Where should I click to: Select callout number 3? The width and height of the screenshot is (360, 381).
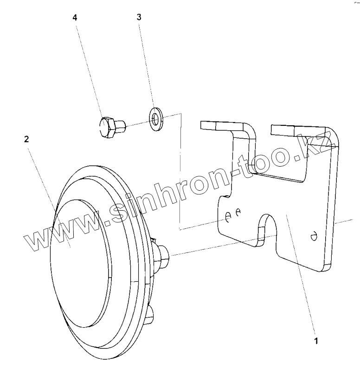click(x=139, y=17)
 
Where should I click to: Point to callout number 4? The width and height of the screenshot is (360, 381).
click(x=75, y=17)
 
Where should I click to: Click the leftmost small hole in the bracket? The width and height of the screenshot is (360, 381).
click(x=228, y=216)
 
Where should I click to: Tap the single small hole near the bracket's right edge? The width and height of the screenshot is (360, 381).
click(x=314, y=235)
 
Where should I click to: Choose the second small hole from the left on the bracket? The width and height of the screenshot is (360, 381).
click(x=238, y=212)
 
